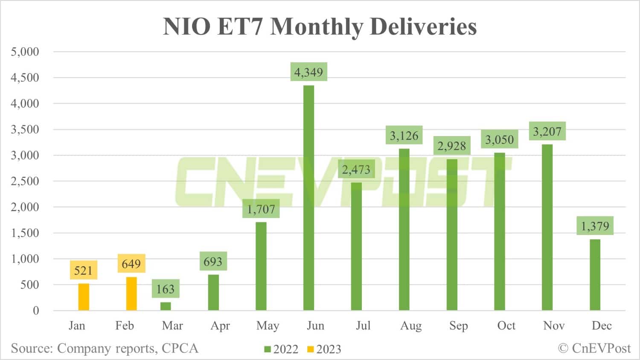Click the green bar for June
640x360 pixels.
pos(308,198)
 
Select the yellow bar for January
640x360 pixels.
pos(84,297)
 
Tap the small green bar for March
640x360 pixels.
pos(166,306)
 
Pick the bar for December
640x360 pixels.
pos(595,275)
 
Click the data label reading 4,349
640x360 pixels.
pos(308,72)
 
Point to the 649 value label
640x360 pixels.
pos(131,264)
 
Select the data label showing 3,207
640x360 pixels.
pos(547,131)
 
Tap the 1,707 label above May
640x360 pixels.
pos(261,209)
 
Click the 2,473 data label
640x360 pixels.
pos(356,170)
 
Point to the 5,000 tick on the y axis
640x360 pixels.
pos(25,52)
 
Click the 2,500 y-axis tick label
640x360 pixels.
pos(25,181)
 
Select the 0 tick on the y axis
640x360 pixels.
pos(36,311)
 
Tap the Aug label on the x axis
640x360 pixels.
pos(411,326)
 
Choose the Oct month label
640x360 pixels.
pos(506,326)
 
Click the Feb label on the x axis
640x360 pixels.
pos(125,326)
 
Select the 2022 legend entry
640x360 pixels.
pos(282,349)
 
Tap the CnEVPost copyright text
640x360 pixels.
pos(594,348)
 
